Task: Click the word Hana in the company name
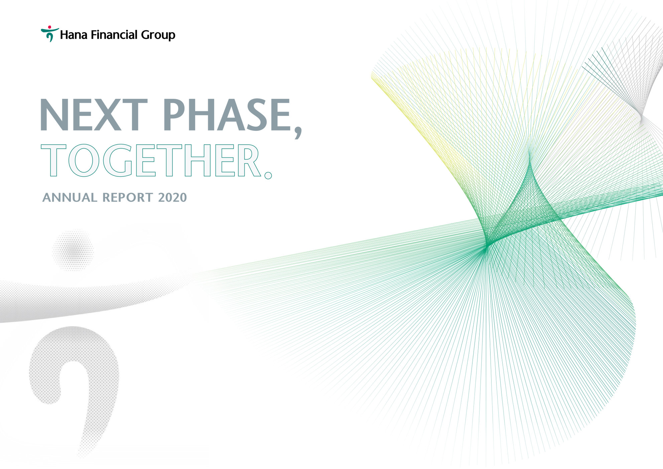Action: click(74, 35)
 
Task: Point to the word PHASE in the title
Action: click(228, 115)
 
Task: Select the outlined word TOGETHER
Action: click(150, 160)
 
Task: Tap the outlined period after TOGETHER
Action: click(268, 175)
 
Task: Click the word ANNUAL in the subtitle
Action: click(70, 197)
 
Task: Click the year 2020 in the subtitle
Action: click(172, 197)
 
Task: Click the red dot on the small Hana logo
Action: click(49, 27)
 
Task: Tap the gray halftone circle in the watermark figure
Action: click(73, 250)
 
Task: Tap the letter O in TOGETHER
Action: click(84, 160)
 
